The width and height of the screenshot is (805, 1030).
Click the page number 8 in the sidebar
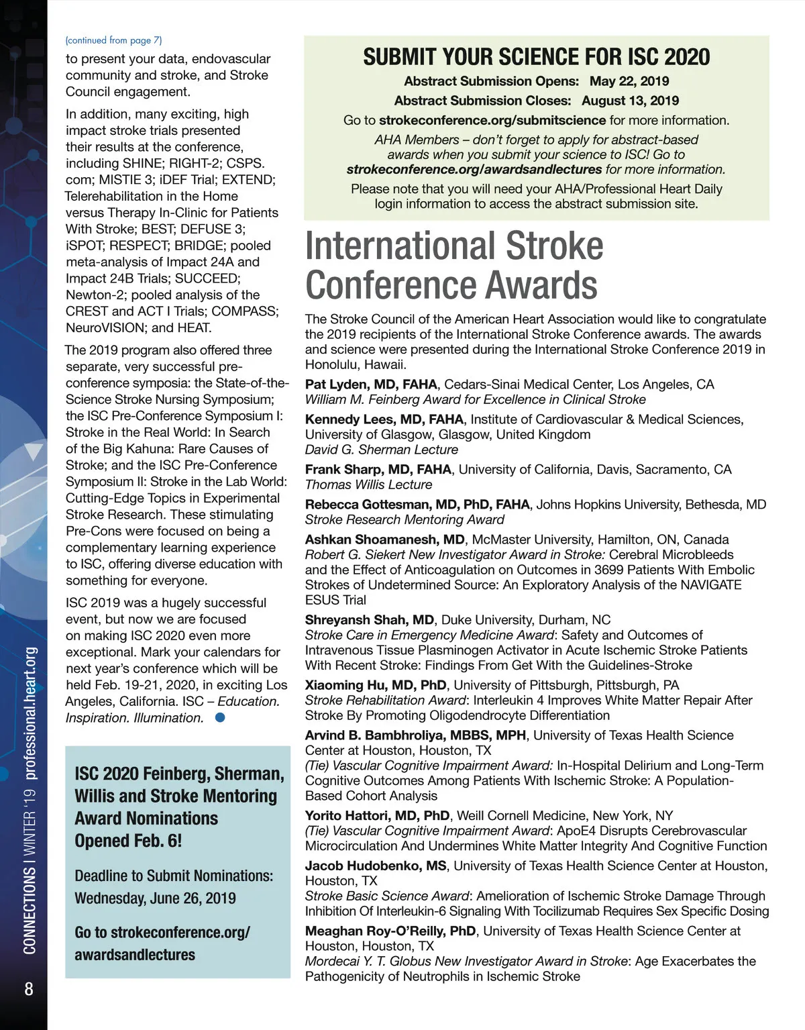pyautogui.click(x=29, y=989)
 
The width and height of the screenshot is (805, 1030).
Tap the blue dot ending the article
pyautogui.click(x=220, y=717)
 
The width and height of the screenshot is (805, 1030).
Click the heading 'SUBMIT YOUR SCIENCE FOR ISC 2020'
pyautogui.click(x=536, y=57)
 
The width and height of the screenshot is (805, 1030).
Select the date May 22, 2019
pyautogui.click(x=629, y=81)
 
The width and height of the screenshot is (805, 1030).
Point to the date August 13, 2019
pyautogui.click(x=630, y=101)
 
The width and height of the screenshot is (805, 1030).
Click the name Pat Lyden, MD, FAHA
pyautogui.click(x=371, y=384)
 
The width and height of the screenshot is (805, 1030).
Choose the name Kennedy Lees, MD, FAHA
pyautogui.click(x=384, y=419)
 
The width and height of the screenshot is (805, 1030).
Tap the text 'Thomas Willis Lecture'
pyautogui.click(x=368, y=484)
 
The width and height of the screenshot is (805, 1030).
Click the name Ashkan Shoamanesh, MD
pyautogui.click(x=385, y=539)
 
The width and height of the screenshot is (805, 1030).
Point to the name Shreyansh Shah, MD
pyautogui.click(x=369, y=619)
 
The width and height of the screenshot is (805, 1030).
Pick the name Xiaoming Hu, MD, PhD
pyautogui.click(x=376, y=685)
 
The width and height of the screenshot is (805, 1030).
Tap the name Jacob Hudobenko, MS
pyautogui.click(x=376, y=866)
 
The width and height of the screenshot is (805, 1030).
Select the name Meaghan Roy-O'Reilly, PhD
pyautogui.click(x=390, y=931)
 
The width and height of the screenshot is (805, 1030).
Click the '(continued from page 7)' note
pyautogui.click(x=113, y=40)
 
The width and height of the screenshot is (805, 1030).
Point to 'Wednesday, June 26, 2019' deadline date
pyautogui.click(x=155, y=898)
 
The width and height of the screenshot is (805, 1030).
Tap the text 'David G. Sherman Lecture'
pyautogui.click(x=382, y=450)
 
